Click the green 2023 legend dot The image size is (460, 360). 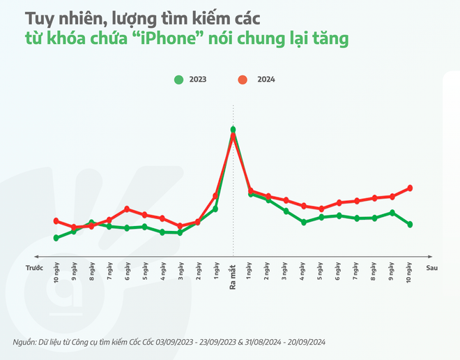tap(178, 80)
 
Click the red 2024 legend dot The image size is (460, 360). tap(241, 80)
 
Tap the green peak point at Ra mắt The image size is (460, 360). tap(233, 129)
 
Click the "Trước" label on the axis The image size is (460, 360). tap(35, 267)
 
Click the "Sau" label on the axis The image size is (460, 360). tap(431, 267)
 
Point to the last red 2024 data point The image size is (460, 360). tap(411, 188)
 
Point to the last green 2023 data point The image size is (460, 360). tap(411, 225)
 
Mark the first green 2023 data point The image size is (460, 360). tap(56, 238)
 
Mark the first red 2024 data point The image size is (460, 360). tap(56, 221)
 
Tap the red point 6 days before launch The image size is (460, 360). tap(127, 209)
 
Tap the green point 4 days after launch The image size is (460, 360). tap(304, 223)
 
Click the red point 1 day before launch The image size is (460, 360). tap(215, 196)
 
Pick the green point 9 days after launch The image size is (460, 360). tap(392, 213)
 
